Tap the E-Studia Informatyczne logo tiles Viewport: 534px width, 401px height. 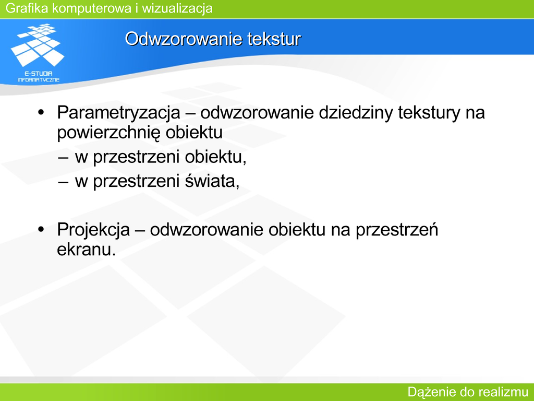(x=38, y=45)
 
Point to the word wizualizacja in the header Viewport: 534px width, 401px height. (x=177, y=8)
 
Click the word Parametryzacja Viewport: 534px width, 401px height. (x=118, y=113)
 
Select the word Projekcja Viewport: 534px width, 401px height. (x=93, y=230)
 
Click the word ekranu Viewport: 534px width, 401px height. (x=87, y=250)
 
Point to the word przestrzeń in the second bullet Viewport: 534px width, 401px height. (x=397, y=230)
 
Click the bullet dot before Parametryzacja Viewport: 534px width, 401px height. (x=41, y=113)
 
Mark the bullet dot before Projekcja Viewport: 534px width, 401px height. (x=41, y=230)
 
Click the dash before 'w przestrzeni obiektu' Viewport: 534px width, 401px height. (x=63, y=158)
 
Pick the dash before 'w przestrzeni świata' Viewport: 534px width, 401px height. (x=63, y=182)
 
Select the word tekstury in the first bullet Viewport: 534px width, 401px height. (x=429, y=113)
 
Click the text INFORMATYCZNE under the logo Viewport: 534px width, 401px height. (x=39, y=80)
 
